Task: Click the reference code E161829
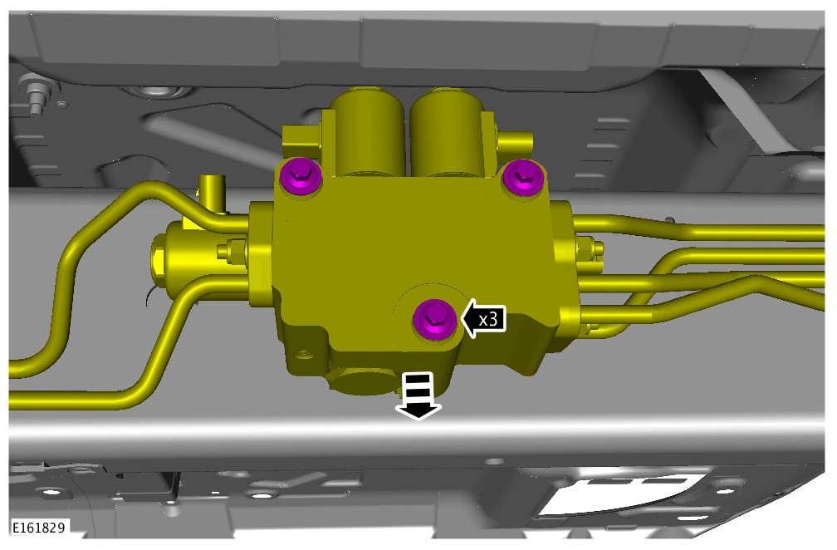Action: pos(38,528)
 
